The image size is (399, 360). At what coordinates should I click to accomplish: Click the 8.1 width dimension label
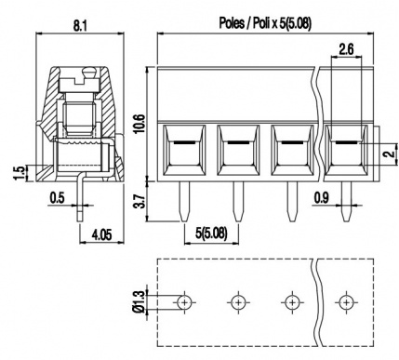pos(80,26)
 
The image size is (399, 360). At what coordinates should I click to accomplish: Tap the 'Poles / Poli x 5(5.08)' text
pos(265,23)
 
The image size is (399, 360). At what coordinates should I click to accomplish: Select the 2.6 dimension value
pos(346,49)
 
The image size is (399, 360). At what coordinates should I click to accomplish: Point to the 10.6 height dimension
pos(140,124)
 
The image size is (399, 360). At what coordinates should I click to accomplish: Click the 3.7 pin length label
pos(140,201)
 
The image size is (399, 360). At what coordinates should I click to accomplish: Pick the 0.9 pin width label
pos(322,197)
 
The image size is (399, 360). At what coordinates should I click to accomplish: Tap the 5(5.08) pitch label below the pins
pos(211,233)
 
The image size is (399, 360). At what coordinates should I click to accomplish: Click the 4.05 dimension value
pos(101,234)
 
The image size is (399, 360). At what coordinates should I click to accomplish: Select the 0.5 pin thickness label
pos(58,197)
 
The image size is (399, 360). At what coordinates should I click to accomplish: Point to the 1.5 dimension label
pos(19,173)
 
